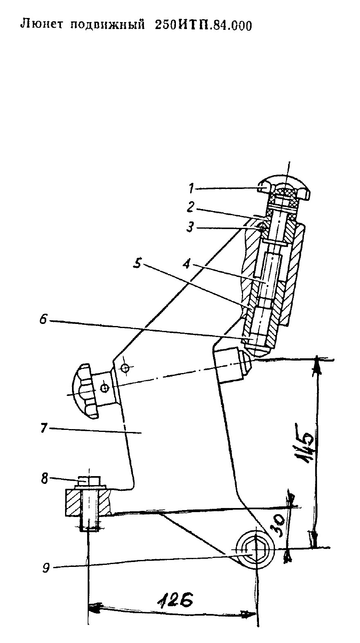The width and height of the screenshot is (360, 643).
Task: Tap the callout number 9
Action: coord(46,568)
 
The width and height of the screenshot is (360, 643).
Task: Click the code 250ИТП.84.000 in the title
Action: coord(203,25)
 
